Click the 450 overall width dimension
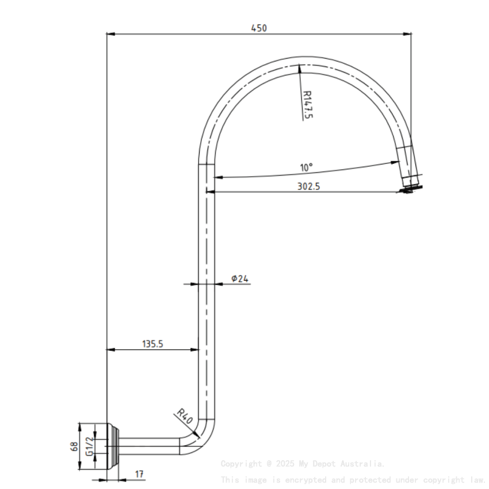[x=259, y=28]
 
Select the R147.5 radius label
[x=307, y=104]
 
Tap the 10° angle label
[x=306, y=167]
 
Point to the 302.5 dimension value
[x=308, y=186]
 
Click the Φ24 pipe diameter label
[x=240, y=278]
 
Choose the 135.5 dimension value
[x=153, y=344]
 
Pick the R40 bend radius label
[x=184, y=415]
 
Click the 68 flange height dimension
[x=74, y=446]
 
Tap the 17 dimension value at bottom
[x=140, y=474]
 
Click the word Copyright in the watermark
[x=240, y=464]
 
